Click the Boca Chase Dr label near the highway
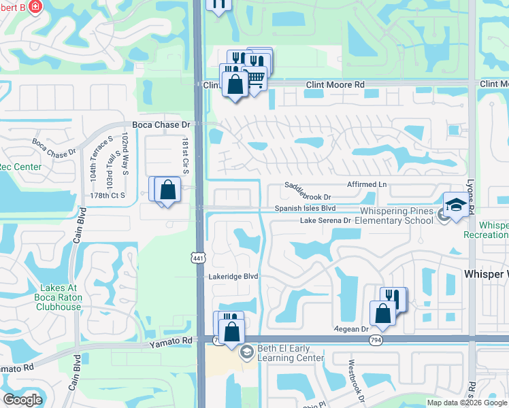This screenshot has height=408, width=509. [x=161, y=124]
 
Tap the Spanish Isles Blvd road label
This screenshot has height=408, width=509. [x=306, y=208]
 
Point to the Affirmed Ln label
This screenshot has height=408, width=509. [x=367, y=184]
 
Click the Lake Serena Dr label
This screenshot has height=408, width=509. [x=326, y=220]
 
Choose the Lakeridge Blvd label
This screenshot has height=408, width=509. [x=233, y=276]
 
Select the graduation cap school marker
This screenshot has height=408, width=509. [x=455, y=204]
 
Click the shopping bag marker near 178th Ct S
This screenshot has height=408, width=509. [x=167, y=190]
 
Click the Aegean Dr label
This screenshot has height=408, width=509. [x=350, y=328]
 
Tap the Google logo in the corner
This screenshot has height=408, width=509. [x=22, y=400]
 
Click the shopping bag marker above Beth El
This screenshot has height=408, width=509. [x=231, y=332]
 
